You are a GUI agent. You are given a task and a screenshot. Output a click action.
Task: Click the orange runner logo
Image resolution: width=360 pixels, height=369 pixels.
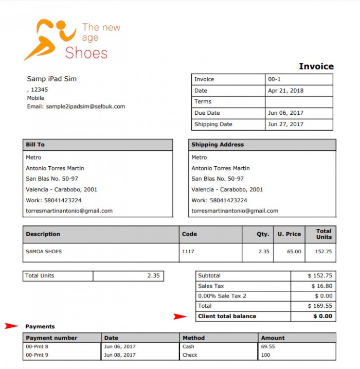point(49,39)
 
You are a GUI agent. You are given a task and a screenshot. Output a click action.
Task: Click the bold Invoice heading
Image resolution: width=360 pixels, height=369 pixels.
point(316,66)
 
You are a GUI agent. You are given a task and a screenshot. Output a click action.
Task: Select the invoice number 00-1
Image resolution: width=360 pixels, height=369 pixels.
point(275,79)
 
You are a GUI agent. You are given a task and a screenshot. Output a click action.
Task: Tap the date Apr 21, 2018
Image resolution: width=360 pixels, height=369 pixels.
point(286,91)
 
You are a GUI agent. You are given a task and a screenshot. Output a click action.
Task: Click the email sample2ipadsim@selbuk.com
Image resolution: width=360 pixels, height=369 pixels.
point(76,107)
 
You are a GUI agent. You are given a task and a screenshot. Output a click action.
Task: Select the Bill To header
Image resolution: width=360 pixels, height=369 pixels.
point(35,145)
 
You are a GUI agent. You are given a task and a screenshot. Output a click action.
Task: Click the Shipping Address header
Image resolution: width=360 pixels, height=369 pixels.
point(218,145)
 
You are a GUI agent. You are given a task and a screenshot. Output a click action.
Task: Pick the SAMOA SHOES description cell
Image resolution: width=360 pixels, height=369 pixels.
point(44,252)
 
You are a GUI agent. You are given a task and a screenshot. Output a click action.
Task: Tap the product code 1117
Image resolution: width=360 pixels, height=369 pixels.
point(189,252)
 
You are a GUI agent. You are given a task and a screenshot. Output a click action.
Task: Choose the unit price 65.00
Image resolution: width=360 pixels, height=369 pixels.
point(294,252)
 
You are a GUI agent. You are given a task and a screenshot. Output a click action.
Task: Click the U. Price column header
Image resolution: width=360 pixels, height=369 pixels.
point(289,234)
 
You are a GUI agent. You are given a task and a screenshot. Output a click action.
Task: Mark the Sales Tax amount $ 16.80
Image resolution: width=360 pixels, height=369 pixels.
point(321,286)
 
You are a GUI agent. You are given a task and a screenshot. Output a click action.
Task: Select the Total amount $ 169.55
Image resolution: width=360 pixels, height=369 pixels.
point(320,306)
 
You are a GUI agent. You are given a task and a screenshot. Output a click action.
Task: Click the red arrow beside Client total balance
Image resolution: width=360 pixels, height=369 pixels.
point(180,317)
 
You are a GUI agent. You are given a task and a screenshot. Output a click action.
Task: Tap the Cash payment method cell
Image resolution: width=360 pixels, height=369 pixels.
point(188,347)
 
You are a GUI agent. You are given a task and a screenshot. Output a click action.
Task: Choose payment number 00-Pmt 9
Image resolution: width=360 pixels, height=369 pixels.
point(37,355)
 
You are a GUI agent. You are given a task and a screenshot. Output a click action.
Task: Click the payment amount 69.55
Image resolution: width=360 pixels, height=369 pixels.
point(268,347)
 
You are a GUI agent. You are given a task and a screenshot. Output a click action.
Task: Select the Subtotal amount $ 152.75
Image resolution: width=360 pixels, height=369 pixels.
point(320,276)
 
